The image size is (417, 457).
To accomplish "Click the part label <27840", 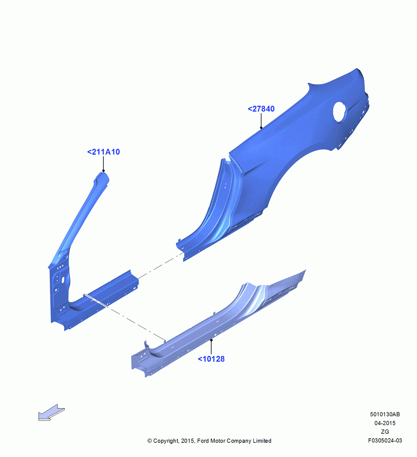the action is pos(261,109).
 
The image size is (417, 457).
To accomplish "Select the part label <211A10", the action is pos(103,152).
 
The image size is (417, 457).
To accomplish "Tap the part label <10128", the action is pos(211,359).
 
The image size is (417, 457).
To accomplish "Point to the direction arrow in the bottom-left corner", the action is pos(51,412).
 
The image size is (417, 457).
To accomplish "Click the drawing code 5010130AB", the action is pos(385,414).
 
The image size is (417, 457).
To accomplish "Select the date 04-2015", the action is pos(385,423).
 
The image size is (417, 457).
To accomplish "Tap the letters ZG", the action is pos(385,432).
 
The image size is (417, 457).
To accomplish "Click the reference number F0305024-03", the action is pos(385,441).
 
